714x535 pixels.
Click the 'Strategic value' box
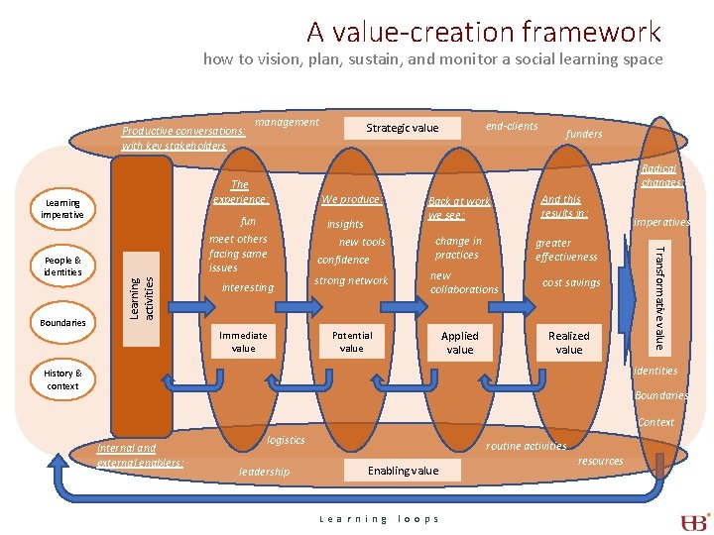(x=403, y=128)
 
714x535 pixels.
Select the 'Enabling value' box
(x=403, y=471)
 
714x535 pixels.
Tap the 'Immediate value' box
(x=244, y=343)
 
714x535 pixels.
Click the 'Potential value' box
(x=352, y=343)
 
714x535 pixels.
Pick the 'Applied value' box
(x=459, y=343)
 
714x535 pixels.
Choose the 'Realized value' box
(x=569, y=343)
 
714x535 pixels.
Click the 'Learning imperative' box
(x=62, y=209)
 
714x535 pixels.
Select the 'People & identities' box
(x=62, y=267)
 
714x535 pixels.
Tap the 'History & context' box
(x=62, y=379)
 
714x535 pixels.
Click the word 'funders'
(x=584, y=134)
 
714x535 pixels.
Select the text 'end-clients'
(x=512, y=126)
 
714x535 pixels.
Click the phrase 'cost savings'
(x=571, y=282)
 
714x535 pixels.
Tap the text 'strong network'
(x=351, y=280)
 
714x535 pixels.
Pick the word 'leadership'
(x=265, y=472)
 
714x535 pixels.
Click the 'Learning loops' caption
(x=379, y=519)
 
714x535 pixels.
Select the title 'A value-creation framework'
(x=483, y=32)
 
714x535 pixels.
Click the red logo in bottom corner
(x=693, y=521)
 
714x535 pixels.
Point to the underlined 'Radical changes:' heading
(x=661, y=175)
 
